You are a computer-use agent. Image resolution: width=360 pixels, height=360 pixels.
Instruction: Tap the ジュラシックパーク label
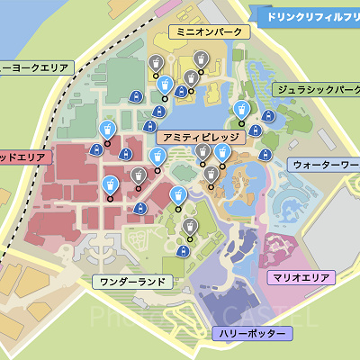[x=316, y=89]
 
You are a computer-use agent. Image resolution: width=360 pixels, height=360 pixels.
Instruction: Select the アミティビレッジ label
[x=201, y=138]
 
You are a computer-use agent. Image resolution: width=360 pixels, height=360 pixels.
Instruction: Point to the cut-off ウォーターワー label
[x=325, y=166]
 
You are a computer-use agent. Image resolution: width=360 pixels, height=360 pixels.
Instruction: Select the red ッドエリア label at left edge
[x=27, y=156]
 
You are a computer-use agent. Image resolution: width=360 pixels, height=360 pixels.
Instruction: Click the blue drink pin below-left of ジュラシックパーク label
[x=241, y=110]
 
